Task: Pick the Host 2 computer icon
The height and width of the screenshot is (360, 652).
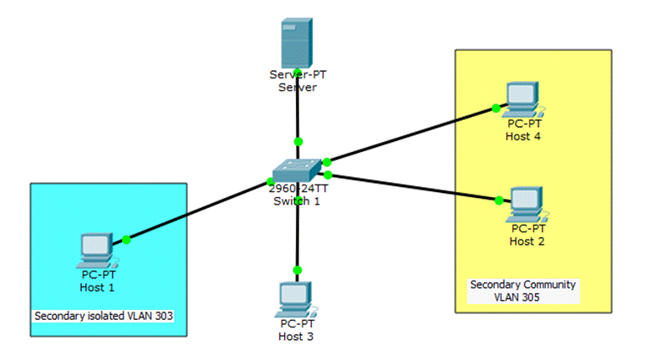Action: [x=527, y=203]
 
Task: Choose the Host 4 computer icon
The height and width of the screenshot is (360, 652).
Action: [x=523, y=99]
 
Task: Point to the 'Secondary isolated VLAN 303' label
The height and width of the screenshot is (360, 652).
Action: [x=108, y=317]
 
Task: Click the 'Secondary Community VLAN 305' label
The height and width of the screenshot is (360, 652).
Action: [x=522, y=290]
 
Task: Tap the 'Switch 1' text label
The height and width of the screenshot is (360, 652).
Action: [x=297, y=200]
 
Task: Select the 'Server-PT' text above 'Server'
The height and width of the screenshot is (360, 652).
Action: [x=298, y=75]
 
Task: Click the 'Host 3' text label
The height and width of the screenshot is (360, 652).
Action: [x=297, y=336]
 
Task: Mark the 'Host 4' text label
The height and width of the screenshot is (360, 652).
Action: [x=523, y=136]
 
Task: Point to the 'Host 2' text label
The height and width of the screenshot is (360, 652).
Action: [x=527, y=241]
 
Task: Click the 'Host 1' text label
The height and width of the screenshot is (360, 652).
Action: [x=98, y=287]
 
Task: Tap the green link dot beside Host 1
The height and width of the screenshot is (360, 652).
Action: [x=127, y=240]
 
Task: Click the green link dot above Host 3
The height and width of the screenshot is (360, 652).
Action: [x=297, y=270]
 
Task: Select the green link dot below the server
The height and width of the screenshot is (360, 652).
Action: [x=298, y=141]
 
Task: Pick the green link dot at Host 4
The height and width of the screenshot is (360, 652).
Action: [x=496, y=108]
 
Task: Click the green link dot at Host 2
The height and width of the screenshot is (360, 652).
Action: [x=499, y=200]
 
